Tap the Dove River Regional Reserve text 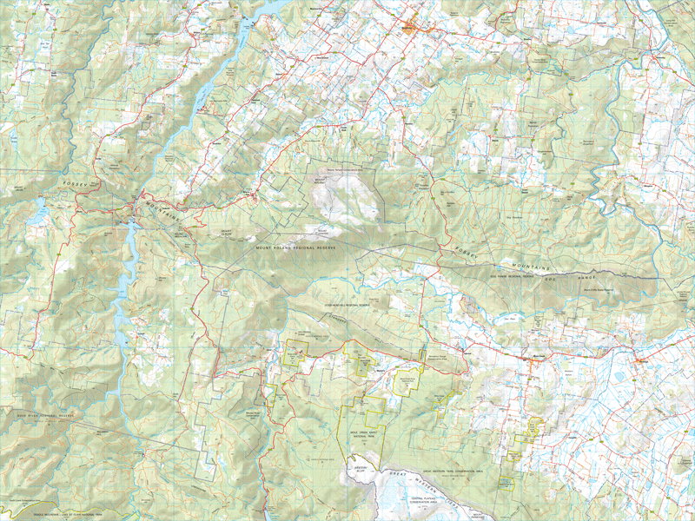39,416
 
